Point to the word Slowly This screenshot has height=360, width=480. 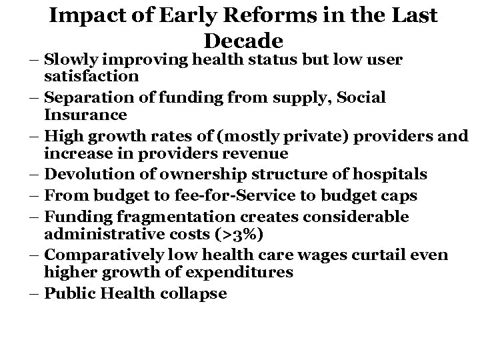coord(71,60)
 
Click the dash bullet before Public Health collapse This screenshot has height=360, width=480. coord(34,293)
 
